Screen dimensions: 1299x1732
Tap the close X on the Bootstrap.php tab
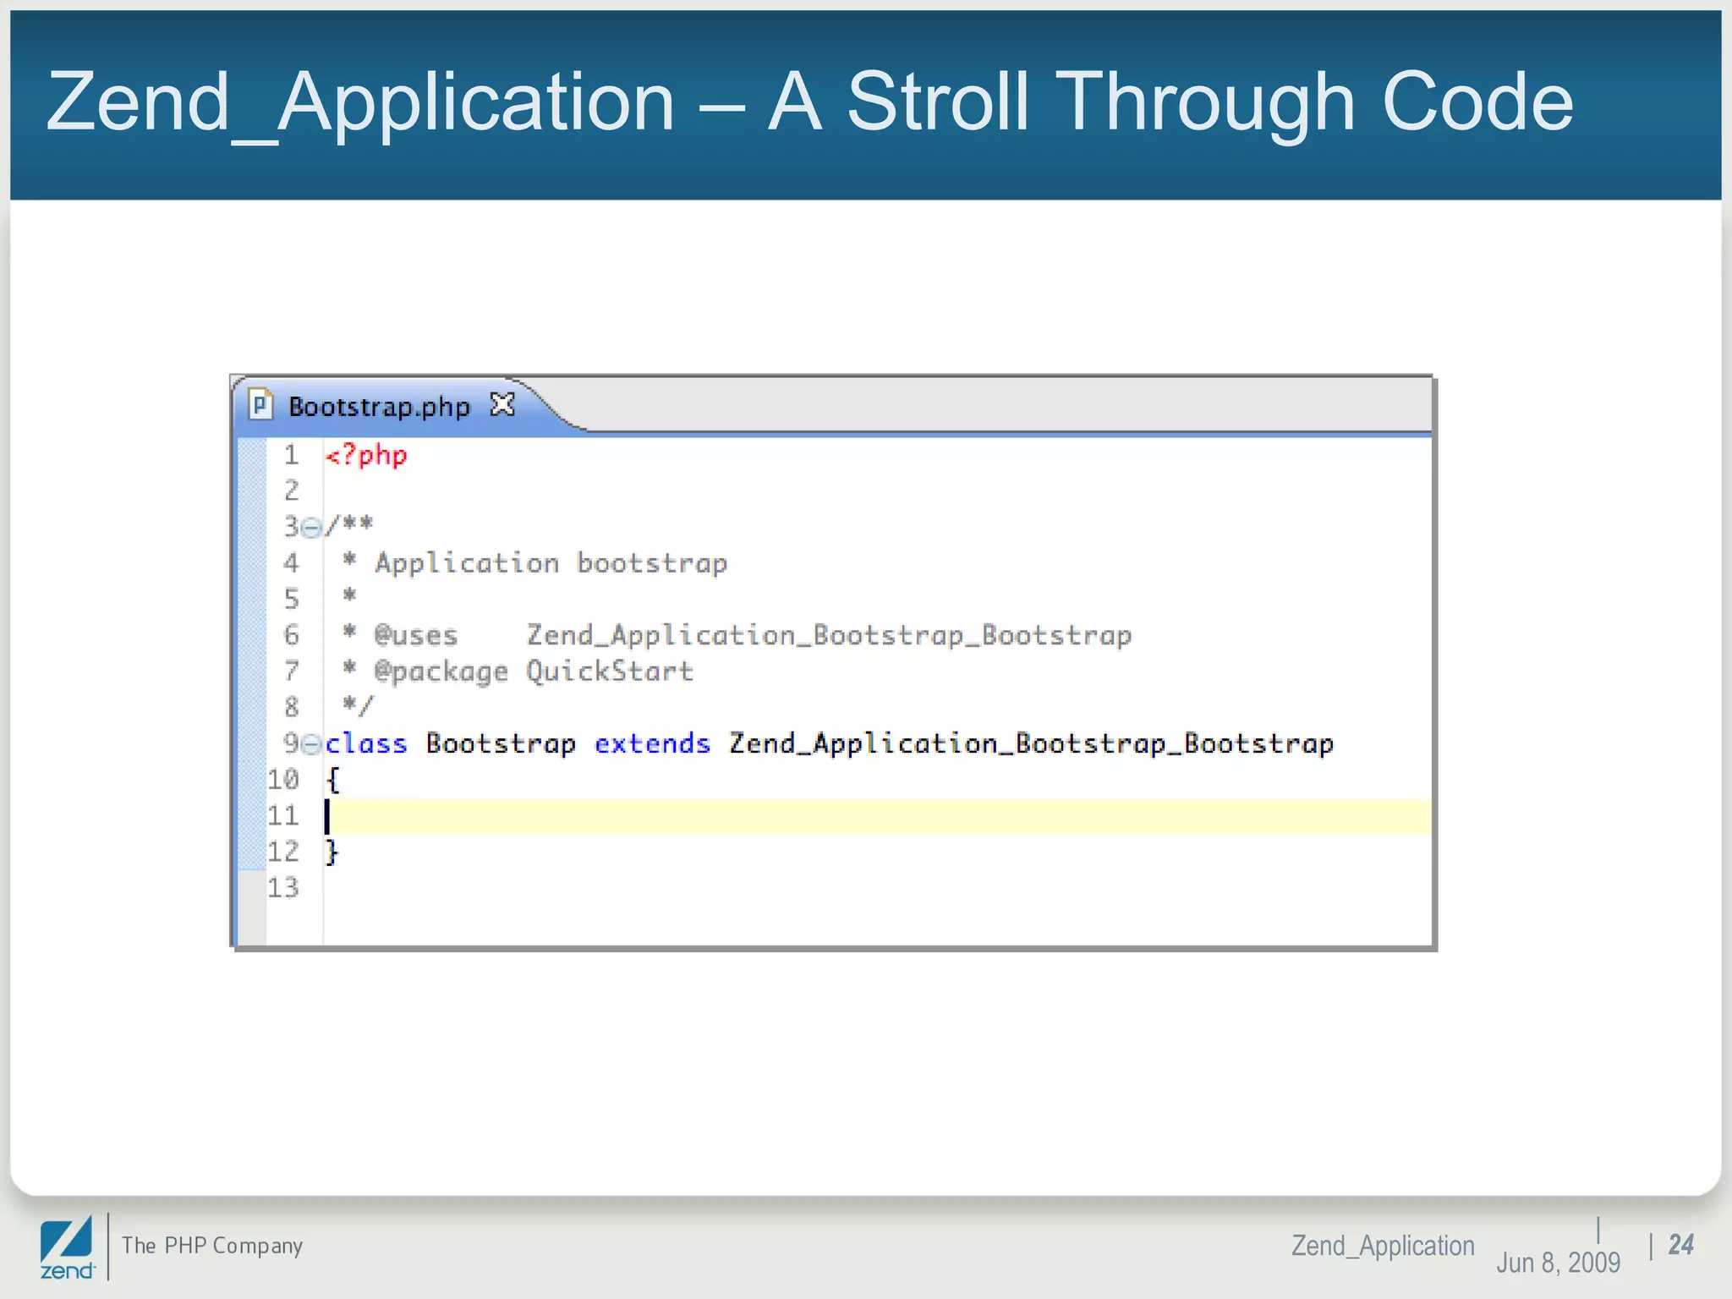click(x=502, y=405)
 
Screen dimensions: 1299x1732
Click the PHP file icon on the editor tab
click(x=260, y=405)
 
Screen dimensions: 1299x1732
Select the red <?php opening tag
click(x=366, y=456)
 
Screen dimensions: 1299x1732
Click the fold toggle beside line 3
click(x=311, y=528)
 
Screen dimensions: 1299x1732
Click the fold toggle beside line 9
click(x=311, y=744)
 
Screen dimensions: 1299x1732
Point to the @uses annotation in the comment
click(x=416, y=635)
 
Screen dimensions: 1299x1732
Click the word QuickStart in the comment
click(x=610, y=671)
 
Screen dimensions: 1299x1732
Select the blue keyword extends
click(x=652, y=743)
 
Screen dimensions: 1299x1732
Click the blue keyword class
click(x=366, y=743)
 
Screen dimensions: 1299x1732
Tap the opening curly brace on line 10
click(x=333, y=780)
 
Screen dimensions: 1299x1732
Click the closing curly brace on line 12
click(x=332, y=852)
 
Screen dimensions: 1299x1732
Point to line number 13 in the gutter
click(x=283, y=888)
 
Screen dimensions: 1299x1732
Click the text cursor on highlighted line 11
click(x=327, y=816)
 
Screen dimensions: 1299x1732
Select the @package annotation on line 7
click(x=441, y=671)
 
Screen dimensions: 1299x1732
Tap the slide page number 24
click(x=1680, y=1245)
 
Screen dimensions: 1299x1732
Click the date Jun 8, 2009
click(x=1558, y=1263)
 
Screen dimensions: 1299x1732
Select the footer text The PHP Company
click(x=212, y=1246)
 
